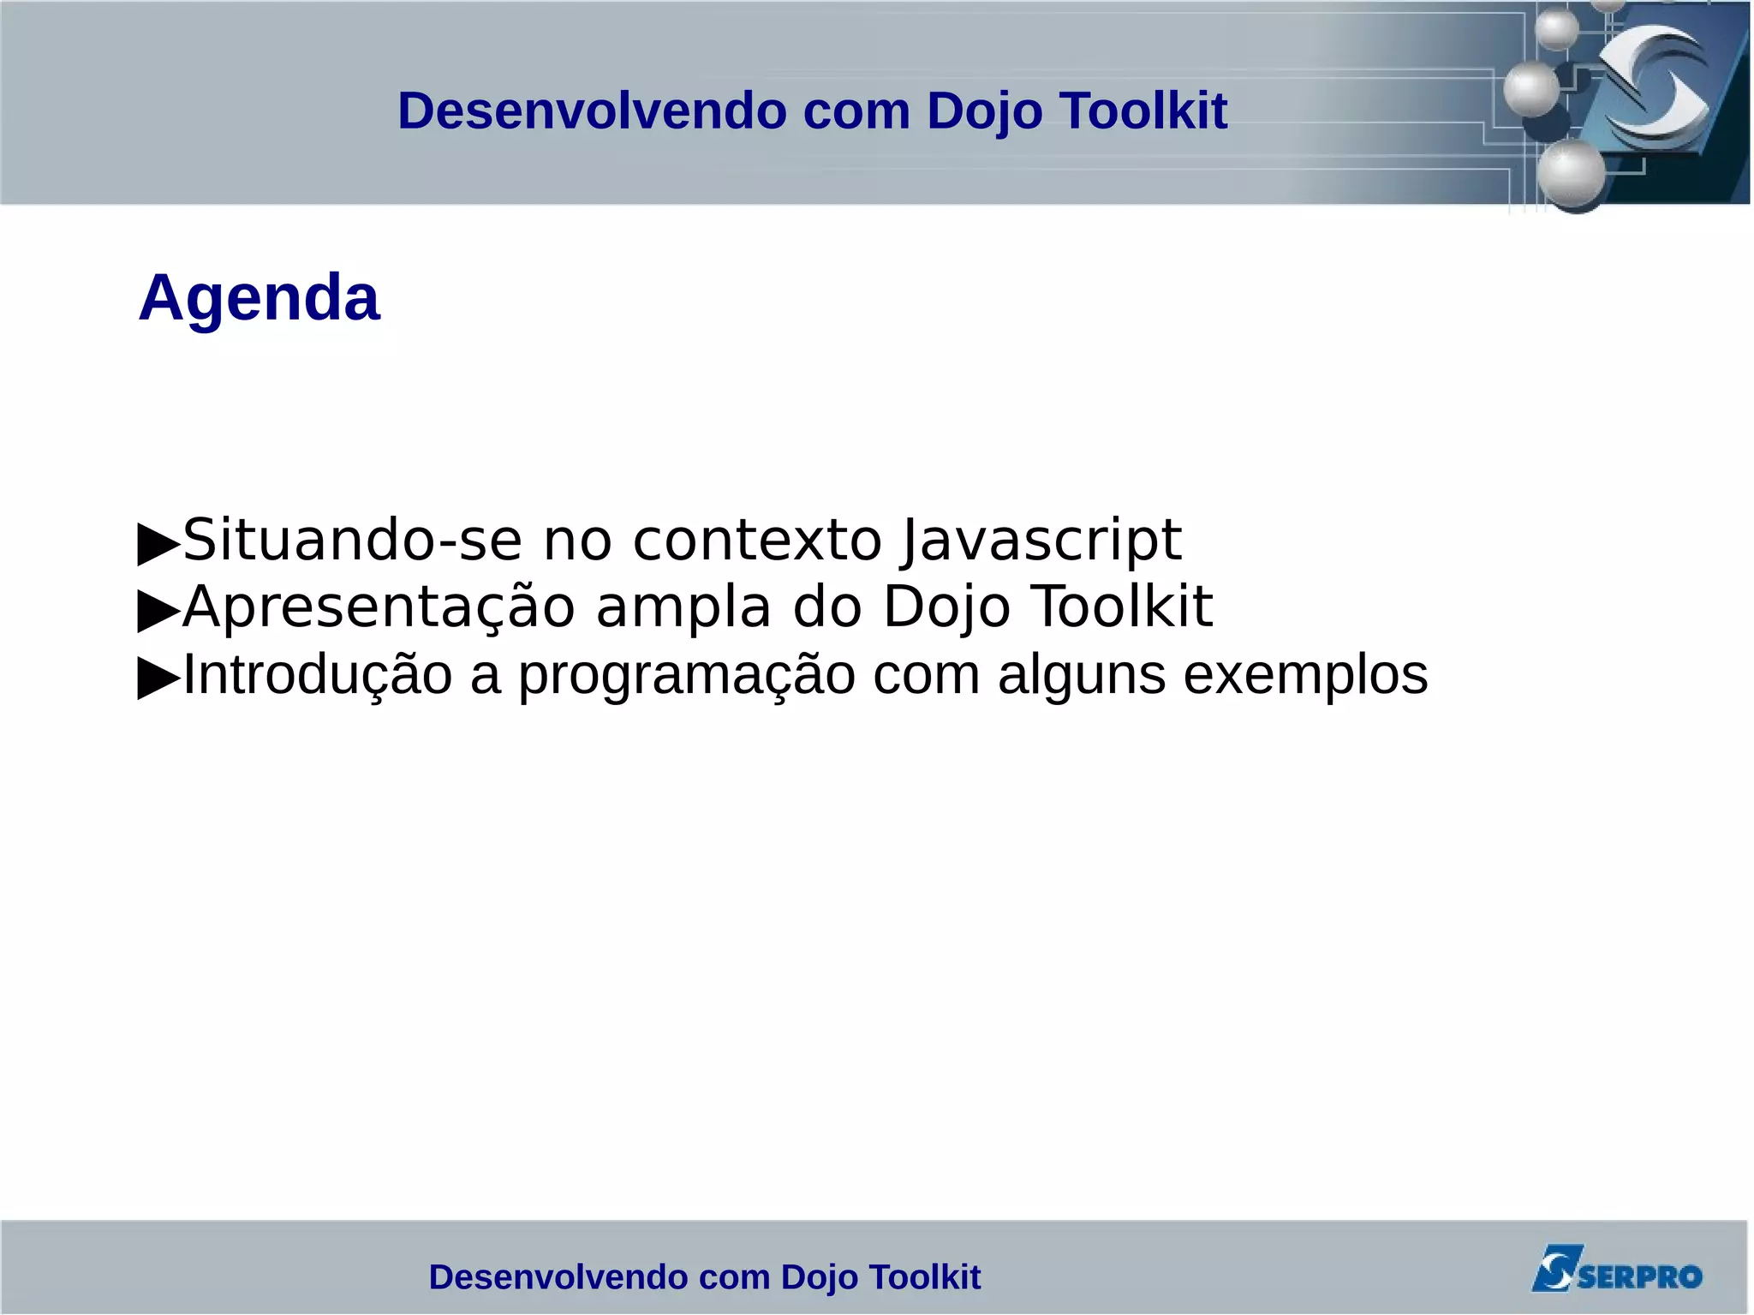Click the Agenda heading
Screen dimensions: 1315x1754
(x=259, y=297)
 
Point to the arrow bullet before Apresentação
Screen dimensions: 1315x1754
(x=158, y=611)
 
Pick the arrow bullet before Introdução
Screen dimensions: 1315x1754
(x=158, y=678)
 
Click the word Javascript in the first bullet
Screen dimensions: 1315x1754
(x=1041, y=541)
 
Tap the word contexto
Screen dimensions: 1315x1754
(x=757, y=541)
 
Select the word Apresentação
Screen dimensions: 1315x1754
(x=379, y=607)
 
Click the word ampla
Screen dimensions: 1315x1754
(x=683, y=607)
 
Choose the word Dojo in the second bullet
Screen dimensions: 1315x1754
(x=946, y=607)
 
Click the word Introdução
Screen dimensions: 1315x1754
(x=318, y=674)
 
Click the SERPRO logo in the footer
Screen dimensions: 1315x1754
(x=1616, y=1270)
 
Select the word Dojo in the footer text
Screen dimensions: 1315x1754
(x=820, y=1277)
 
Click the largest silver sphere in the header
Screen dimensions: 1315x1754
(x=1572, y=174)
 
